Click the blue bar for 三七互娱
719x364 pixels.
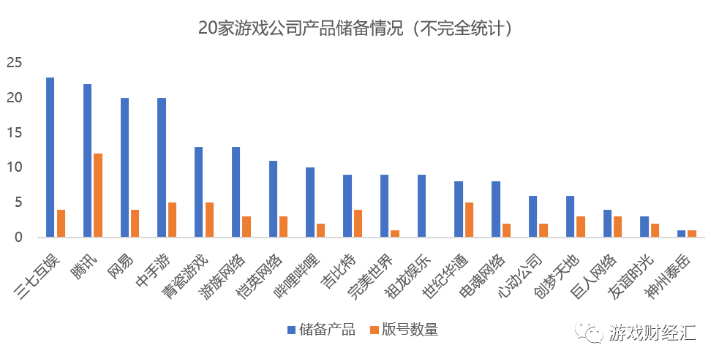point(50,157)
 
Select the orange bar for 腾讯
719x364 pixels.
point(98,195)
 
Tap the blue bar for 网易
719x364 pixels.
point(124,167)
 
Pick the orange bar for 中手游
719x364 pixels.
point(172,220)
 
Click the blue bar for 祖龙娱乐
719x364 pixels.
point(421,206)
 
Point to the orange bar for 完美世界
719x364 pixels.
point(395,234)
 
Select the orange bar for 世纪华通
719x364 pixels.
point(469,220)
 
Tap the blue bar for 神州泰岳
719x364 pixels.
point(681,234)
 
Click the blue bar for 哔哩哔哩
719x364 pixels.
point(310,202)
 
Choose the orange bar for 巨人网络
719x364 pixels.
point(617,227)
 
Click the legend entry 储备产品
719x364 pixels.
point(321,330)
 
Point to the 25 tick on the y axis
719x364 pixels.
point(16,63)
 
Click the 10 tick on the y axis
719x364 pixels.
point(16,167)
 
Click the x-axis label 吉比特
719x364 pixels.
point(342,271)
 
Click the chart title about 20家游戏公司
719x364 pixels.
point(358,29)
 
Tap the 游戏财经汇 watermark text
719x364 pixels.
point(653,333)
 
